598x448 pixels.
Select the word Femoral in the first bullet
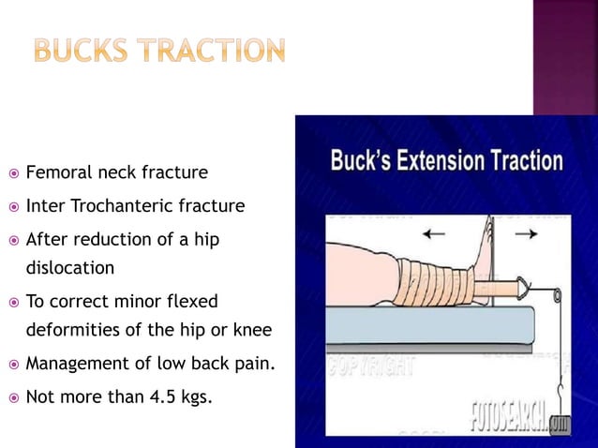tap(58, 173)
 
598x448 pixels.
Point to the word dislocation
tap(69, 268)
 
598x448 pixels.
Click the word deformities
tap(69, 331)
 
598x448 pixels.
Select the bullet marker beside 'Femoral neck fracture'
tap(12, 174)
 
